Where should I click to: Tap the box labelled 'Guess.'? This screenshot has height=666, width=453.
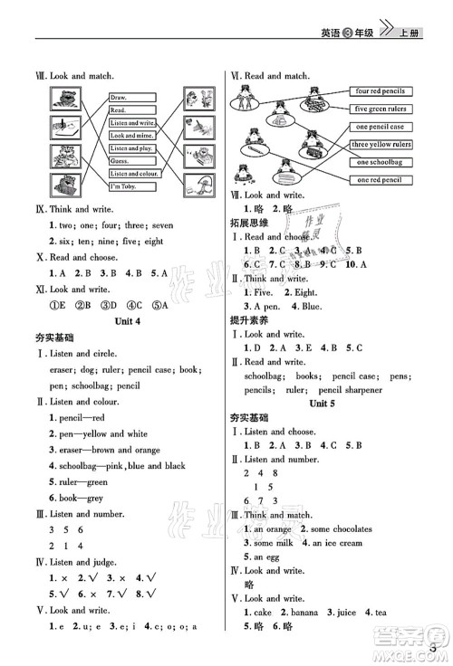point(122,160)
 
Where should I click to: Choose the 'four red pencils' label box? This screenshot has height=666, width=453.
point(380,91)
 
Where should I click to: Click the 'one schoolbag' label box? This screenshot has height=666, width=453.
point(380,162)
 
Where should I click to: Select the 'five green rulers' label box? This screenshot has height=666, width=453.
point(380,109)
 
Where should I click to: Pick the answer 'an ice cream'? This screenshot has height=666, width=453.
point(337,543)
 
